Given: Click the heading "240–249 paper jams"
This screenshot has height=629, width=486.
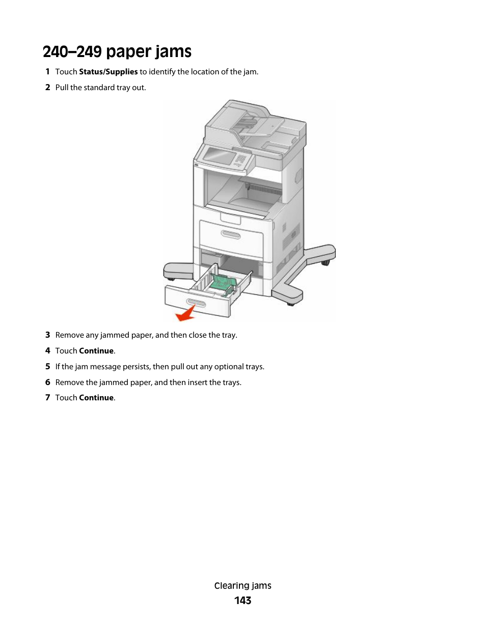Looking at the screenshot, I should pyautogui.click(x=117, y=51).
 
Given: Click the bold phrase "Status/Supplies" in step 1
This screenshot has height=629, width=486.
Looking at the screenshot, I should pyautogui.click(x=108, y=72).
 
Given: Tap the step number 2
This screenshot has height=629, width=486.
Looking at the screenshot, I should pyautogui.click(x=47, y=88).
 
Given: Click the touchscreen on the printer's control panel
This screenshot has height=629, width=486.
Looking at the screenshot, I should pyautogui.click(x=219, y=156).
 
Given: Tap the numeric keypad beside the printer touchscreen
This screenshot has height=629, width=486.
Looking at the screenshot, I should pyautogui.click(x=240, y=160).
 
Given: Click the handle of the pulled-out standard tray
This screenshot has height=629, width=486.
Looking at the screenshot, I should pyautogui.click(x=196, y=303).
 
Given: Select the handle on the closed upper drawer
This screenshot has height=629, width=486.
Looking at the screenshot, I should pyautogui.click(x=230, y=234).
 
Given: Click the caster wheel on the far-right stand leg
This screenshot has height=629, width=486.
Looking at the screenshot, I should pyautogui.click(x=325, y=262).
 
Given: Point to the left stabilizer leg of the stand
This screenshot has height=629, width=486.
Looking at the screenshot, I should pyautogui.click(x=177, y=270).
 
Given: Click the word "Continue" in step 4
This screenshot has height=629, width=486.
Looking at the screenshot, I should pyautogui.click(x=96, y=351).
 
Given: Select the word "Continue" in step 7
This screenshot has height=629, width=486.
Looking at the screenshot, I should pyautogui.click(x=96, y=398).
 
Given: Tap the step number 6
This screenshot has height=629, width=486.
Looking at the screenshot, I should pyautogui.click(x=47, y=382).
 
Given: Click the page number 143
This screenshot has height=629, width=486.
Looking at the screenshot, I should pyautogui.click(x=242, y=600).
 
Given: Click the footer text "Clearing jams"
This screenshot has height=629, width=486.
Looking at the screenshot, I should pyautogui.click(x=242, y=586).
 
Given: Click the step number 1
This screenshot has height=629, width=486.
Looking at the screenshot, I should pyautogui.click(x=47, y=72).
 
